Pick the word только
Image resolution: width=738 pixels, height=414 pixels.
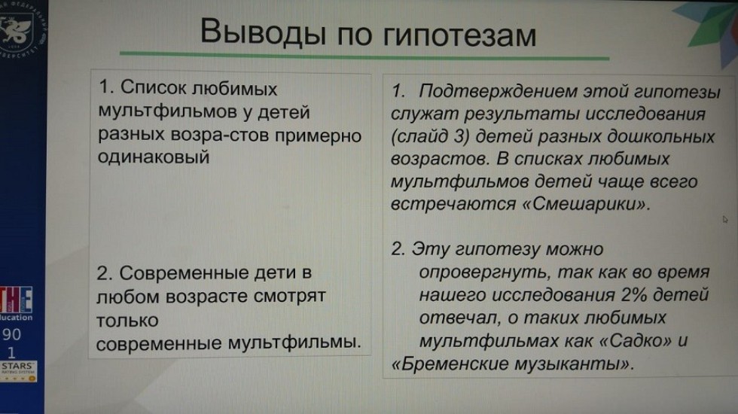click(x=128, y=320)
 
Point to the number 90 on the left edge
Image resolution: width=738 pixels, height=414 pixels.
click(x=13, y=334)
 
